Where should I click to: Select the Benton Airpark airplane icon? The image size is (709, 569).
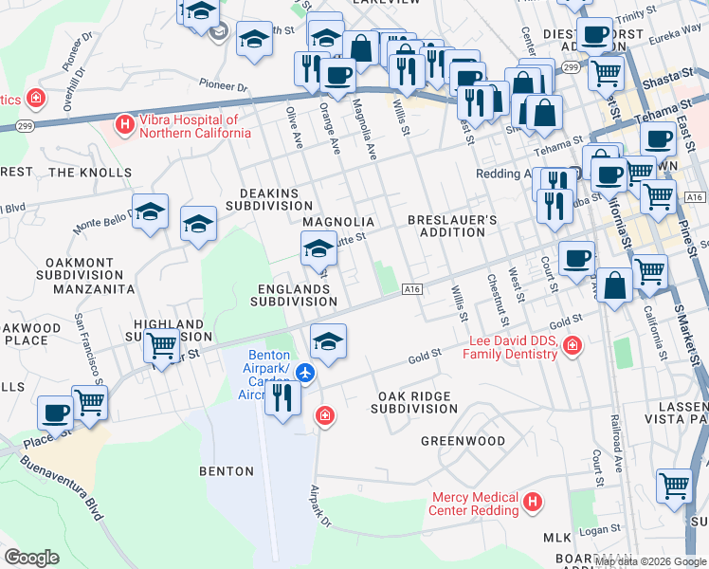coord(305,373)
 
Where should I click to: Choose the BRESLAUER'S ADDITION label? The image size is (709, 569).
coord(452,226)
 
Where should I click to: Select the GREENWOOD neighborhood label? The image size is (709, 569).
coord(463,441)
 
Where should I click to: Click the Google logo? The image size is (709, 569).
coord(31,558)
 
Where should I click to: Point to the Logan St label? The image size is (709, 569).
coord(603,528)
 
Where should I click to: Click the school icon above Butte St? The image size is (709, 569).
coord(318,250)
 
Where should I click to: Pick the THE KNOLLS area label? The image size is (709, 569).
coord(90,173)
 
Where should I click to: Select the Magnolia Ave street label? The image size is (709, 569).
coord(366,129)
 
